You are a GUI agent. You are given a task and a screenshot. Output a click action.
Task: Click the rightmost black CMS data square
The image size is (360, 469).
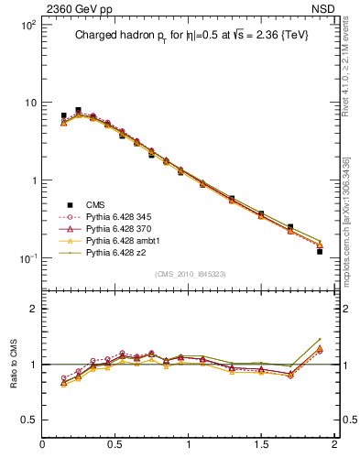[x=320, y=251]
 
